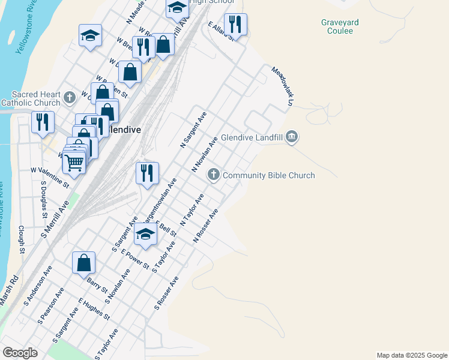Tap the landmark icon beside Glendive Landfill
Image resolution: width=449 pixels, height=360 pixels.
(x=292, y=137)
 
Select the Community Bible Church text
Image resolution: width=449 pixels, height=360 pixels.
(x=268, y=175)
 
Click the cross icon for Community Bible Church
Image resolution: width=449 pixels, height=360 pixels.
(x=213, y=175)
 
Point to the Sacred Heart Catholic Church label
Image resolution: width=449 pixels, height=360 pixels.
(x=37, y=98)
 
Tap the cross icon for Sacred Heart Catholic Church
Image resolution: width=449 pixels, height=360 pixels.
(x=69, y=97)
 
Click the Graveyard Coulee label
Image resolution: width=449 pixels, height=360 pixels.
(x=340, y=26)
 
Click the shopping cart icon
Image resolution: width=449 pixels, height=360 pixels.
(x=74, y=161)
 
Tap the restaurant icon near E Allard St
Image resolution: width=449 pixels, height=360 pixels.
(x=235, y=25)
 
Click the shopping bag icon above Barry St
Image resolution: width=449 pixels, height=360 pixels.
(x=83, y=262)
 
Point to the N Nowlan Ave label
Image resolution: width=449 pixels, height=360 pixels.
(x=204, y=154)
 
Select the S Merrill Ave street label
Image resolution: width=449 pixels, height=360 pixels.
(x=55, y=219)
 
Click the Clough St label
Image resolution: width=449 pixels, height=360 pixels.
(x=21, y=239)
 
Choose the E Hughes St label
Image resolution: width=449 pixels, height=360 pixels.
(x=94, y=308)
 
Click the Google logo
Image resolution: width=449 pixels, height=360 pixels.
(x=20, y=353)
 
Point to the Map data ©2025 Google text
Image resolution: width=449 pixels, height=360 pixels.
(x=411, y=355)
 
